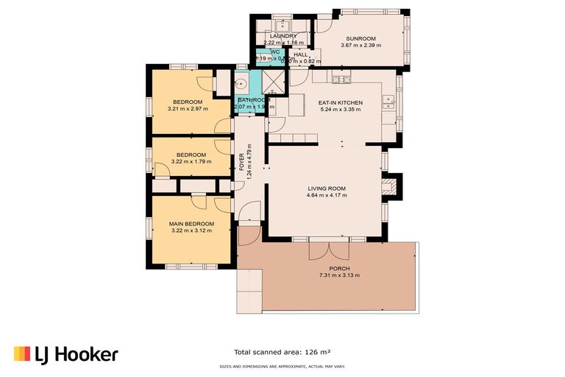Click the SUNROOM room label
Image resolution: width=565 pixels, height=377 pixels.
(x=358, y=38)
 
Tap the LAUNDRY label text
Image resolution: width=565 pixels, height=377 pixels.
(x=283, y=36)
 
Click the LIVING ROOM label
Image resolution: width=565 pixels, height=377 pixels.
(x=327, y=188)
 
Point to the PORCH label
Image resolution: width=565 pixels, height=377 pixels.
(x=339, y=269)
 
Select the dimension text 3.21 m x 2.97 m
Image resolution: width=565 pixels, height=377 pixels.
(x=188, y=109)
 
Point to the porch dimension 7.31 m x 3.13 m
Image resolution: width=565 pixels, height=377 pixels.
(x=339, y=275)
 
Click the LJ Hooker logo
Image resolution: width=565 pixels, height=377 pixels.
(x=65, y=354)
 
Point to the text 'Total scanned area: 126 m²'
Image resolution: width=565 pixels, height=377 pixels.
(x=282, y=351)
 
